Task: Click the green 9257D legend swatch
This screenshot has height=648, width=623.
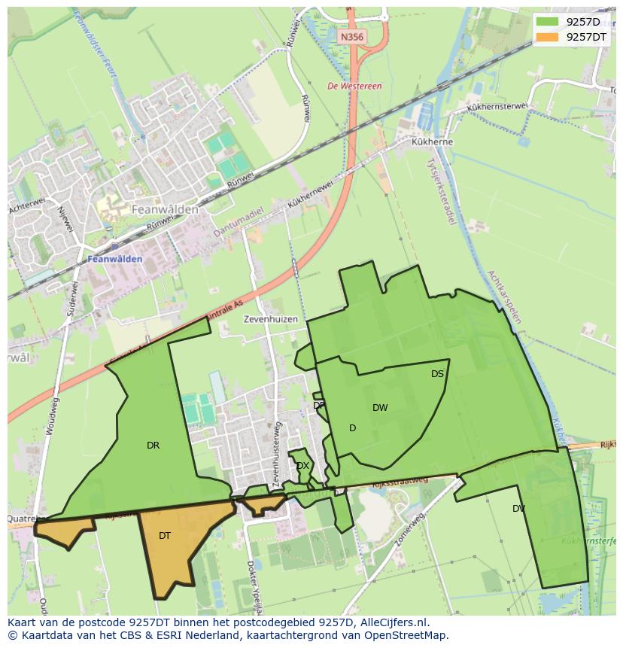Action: click(x=548, y=21)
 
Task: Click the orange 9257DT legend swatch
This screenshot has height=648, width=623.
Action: click(x=548, y=36)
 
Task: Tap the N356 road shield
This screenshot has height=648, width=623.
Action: click(x=351, y=36)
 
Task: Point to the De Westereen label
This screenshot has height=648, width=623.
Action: click(x=354, y=87)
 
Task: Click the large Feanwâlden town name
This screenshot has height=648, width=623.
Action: click(x=165, y=209)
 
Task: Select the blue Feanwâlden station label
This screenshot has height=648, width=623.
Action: click(x=115, y=259)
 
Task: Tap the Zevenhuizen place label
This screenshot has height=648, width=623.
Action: click(x=271, y=319)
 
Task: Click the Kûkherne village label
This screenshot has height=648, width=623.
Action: click(x=432, y=141)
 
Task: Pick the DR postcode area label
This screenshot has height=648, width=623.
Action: click(x=153, y=446)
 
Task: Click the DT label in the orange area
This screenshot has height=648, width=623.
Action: click(x=165, y=536)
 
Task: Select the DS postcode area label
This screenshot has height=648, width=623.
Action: click(x=437, y=374)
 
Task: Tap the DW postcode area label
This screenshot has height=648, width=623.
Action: click(x=380, y=408)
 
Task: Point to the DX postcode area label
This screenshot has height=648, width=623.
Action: click(x=302, y=466)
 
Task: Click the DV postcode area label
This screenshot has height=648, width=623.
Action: click(x=518, y=509)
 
